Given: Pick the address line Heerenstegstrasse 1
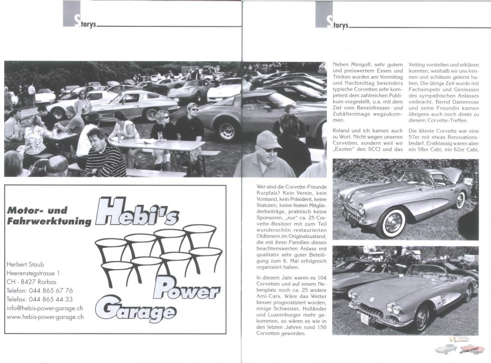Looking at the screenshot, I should (x=33, y=273).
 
